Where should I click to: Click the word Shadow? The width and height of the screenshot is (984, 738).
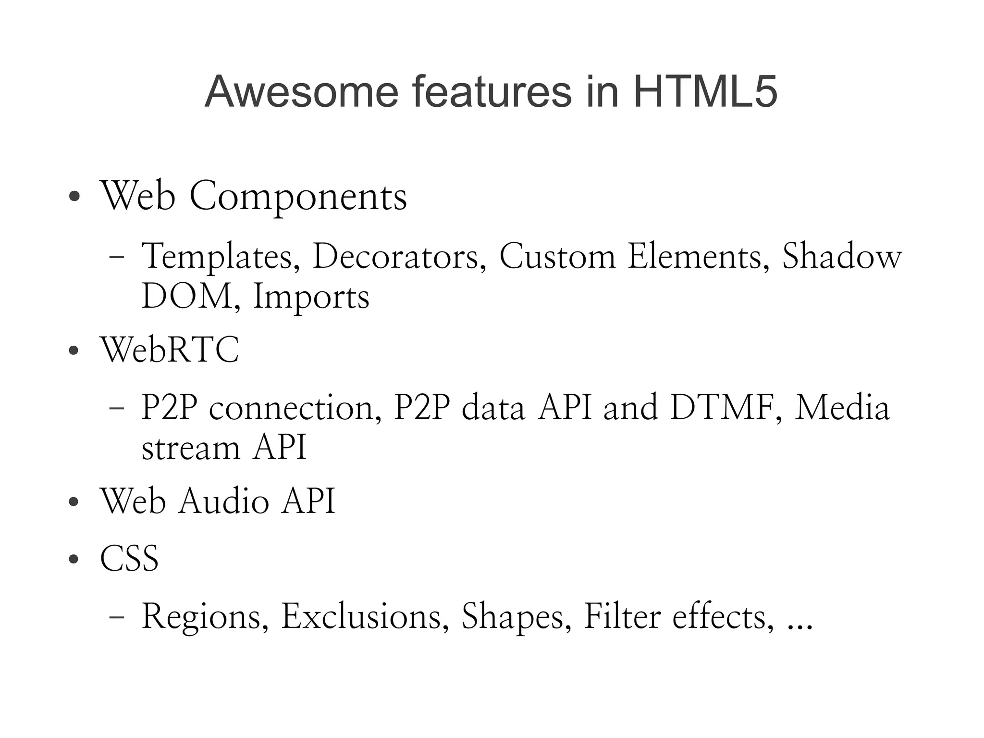842,256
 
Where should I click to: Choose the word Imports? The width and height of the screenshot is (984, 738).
311,297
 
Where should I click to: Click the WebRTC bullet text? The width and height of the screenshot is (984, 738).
169,350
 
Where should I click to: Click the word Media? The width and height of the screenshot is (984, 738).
842,408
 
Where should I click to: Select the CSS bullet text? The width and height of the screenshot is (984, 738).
129,559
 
